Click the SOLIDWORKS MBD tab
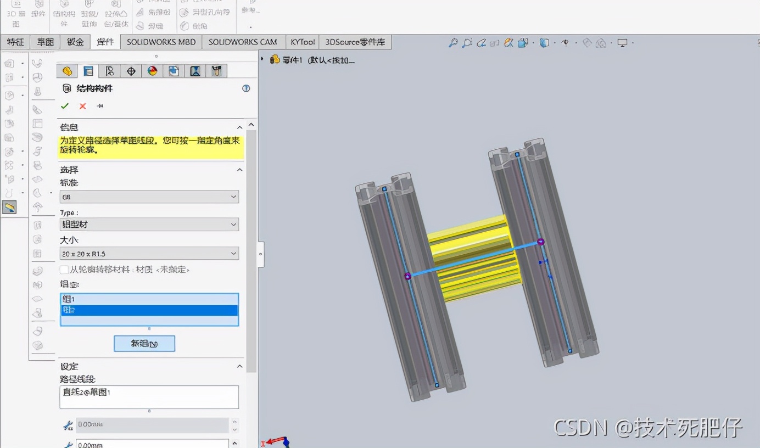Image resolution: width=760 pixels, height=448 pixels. pos(161,42)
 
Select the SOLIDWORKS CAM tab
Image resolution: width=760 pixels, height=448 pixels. pos(243,42)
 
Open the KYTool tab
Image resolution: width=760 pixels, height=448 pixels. pos(303,42)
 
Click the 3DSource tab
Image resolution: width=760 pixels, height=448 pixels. pos(355,42)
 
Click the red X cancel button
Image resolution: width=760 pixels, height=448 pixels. pos(82,106)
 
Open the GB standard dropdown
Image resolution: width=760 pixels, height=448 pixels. pos(149,197)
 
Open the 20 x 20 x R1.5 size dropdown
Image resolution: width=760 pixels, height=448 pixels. pos(149,253)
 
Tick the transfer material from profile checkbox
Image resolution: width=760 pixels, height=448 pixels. pos(64,270)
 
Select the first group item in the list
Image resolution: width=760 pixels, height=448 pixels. pos(149,299)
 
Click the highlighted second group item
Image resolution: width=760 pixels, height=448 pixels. pos(149,310)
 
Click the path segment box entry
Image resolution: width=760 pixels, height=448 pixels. pos(149,392)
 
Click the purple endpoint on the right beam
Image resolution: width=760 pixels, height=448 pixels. pos(540,242)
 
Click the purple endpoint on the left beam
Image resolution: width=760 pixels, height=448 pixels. pos(407,276)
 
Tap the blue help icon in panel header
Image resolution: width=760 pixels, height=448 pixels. pos(246,88)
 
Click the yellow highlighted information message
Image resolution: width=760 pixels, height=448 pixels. pos(150,145)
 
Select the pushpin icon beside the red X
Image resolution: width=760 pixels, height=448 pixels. pos(100,106)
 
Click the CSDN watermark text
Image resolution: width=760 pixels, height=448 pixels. pos(647,427)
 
